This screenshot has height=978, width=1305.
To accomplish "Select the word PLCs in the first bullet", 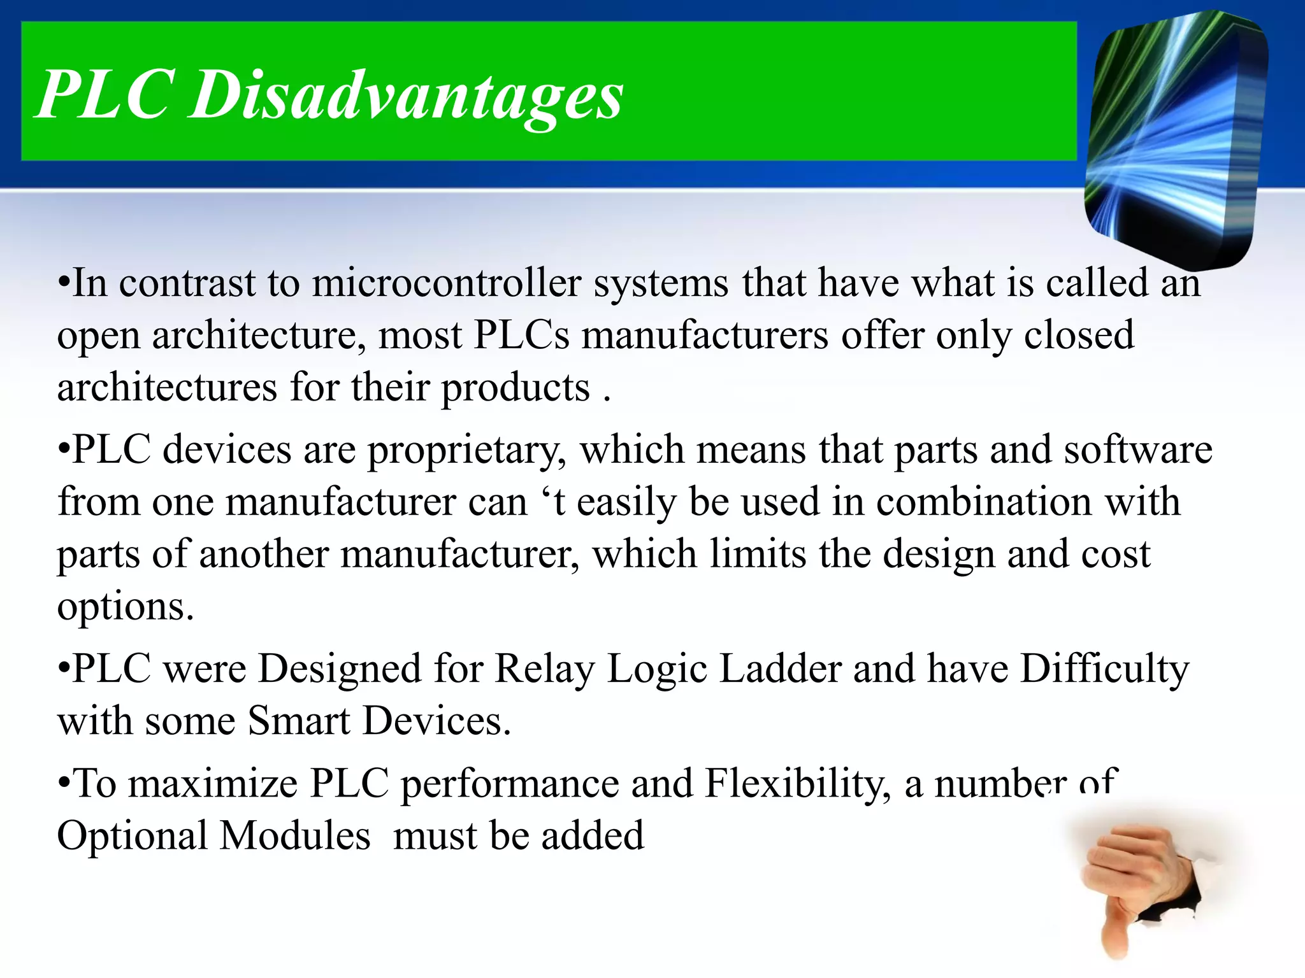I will pos(521,336).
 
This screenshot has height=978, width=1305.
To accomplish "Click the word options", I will pos(125,608).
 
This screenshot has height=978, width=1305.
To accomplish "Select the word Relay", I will pos(544,670).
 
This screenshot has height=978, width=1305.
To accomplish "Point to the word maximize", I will pos(213,784).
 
